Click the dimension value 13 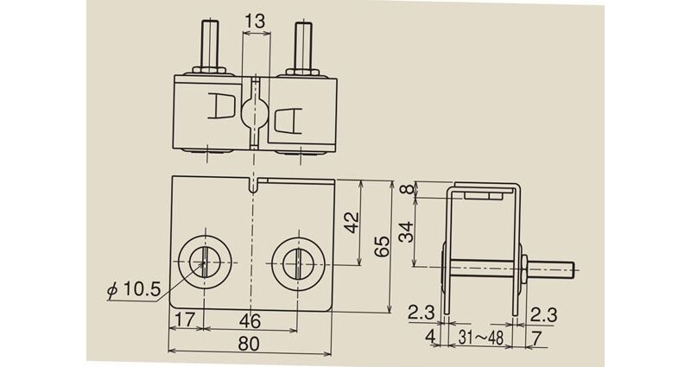tap(255, 21)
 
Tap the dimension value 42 tap(352, 223)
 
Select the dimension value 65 tap(382, 246)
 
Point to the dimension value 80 tap(249, 344)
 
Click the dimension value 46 tap(250, 320)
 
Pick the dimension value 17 tap(185, 320)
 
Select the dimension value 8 tap(409, 189)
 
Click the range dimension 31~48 tap(481, 338)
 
